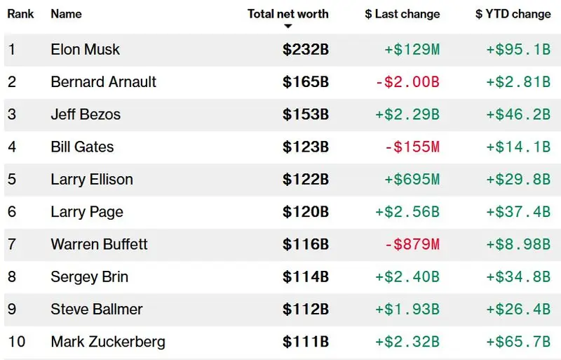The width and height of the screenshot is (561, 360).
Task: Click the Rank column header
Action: (x=21, y=13)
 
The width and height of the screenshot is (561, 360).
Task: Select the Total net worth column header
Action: (x=288, y=13)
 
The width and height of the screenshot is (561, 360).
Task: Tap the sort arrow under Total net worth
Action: (x=288, y=27)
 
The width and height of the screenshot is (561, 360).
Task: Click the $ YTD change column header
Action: (x=512, y=13)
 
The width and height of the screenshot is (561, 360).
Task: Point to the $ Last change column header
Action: (x=403, y=13)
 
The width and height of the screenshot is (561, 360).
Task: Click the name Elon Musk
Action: (x=85, y=49)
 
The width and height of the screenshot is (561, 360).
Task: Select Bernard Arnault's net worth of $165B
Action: (x=306, y=81)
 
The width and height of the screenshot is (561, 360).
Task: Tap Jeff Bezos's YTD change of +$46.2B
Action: (x=518, y=114)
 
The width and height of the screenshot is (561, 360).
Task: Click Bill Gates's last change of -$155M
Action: (x=412, y=147)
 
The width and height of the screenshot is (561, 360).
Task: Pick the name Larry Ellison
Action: (x=91, y=179)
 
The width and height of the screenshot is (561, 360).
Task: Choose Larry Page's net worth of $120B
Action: (x=306, y=212)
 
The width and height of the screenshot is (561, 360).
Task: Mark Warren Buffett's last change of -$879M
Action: (x=412, y=244)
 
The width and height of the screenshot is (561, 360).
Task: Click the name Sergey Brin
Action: (x=89, y=276)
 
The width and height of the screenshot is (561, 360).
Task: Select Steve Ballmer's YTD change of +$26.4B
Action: (x=518, y=309)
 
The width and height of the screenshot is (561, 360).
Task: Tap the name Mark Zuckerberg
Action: (x=108, y=342)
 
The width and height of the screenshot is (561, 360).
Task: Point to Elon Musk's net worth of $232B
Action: (x=306, y=49)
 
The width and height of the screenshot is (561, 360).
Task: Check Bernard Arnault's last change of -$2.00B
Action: (x=407, y=81)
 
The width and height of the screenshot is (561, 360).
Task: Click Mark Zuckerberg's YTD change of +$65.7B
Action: (x=518, y=342)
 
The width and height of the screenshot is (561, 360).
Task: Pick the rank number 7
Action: (x=12, y=244)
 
